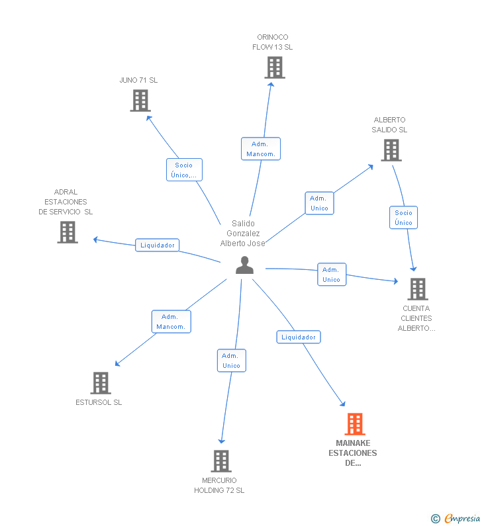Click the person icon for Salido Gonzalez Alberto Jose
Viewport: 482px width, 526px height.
[x=244, y=265]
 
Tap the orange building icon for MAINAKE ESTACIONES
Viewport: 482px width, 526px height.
[x=355, y=424]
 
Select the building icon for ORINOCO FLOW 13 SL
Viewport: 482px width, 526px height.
[x=275, y=67]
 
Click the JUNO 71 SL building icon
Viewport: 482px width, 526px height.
[x=140, y=101]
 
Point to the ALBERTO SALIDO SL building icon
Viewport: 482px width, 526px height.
[x=391, y=150]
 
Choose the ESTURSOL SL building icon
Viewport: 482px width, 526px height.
[x=100, y=382]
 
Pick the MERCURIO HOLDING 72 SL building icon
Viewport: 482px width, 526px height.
[x=220, y=461]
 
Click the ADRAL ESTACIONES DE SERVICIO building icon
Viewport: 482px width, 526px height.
[x=68, y=232]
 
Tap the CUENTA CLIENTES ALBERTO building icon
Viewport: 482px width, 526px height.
[x=417, y=288]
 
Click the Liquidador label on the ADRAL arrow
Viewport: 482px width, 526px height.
[x=158, y=245]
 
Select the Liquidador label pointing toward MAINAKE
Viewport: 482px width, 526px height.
[x=298, y=337]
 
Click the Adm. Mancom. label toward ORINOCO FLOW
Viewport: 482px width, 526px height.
[x=261, y=149]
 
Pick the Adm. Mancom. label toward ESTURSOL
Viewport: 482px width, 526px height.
[x=171, y=322]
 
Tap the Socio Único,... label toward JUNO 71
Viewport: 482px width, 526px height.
[x=183, y=170]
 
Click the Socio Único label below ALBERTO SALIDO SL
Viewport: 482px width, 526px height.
[x=403, y=218]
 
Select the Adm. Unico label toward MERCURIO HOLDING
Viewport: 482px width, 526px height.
[x=231, y=361]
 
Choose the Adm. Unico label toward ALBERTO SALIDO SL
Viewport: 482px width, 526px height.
[x=319, y=203]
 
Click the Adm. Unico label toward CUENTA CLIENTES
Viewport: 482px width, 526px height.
[x=331, y=275]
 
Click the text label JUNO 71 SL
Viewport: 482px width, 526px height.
[x=138, y=80]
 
